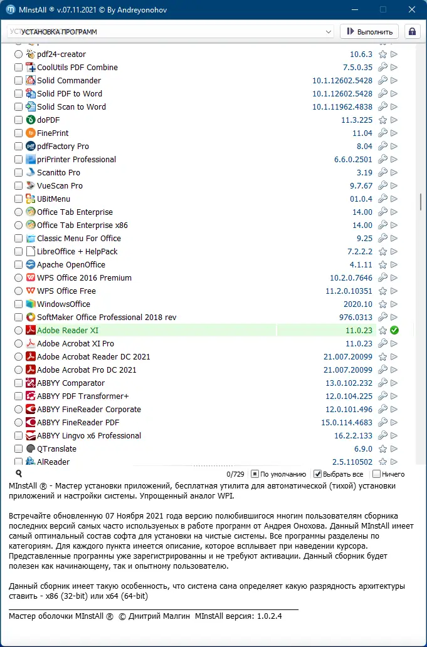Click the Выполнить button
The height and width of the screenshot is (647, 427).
tap(369, 32)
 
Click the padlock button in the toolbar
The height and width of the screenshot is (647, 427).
tap(412, 32)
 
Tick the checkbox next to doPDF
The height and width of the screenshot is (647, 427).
tap(19, 120)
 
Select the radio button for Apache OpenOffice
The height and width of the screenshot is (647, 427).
tap(19, 265)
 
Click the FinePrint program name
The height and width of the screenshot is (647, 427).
tap(53, 133)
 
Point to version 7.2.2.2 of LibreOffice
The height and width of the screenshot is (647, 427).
tap(356, 252)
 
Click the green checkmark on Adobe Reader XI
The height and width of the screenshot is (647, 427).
tap(394, 331)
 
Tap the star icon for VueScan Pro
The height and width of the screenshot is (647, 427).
tap(382, 186)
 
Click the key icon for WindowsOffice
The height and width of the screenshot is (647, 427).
tap(382, 304)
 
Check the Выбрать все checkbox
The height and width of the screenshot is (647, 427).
tap(317, 474)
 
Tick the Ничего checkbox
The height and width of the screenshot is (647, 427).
tap(376, 474)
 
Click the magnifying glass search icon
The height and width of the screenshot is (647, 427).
tap(19, 474)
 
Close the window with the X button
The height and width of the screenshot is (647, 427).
tap(411, 10)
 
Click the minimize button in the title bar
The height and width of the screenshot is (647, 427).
tap(354, 10)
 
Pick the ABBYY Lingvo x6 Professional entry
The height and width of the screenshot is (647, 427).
tap(89, 436)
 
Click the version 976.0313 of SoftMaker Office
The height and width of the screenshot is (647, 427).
tap(356, 318)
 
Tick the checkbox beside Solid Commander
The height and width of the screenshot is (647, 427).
tap(19, 81)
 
